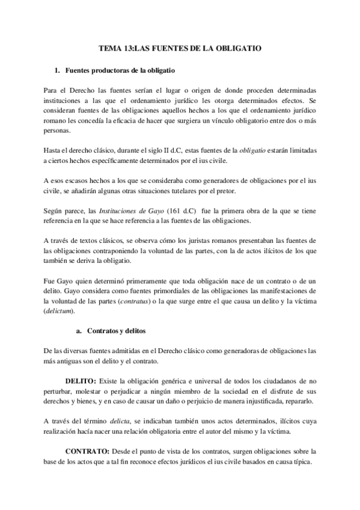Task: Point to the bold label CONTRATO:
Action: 87,451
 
